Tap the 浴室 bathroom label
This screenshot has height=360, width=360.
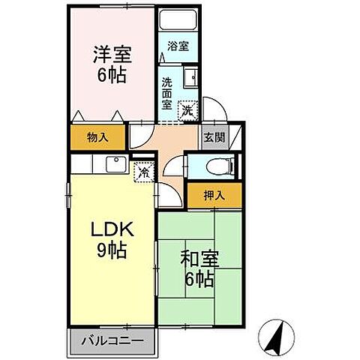pyautogui.click(x=178, y=46)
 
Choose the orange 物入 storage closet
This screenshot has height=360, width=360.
pyautogui.click(x=98, y=137)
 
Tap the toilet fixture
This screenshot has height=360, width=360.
pyautogui.click(x=224, y=165)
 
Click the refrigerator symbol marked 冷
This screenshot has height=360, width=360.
pyautogui.click(x=142, y=172)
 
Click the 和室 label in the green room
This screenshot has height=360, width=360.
pyautogui.click(x=198, y=260)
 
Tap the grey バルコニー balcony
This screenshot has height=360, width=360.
pyautogui.click(x=112, y=341)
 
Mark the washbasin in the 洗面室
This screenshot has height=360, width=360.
pyautogui.click(x=190, y=77)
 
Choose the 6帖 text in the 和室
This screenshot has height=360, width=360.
pyautogui.click(x=199, y=281)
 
